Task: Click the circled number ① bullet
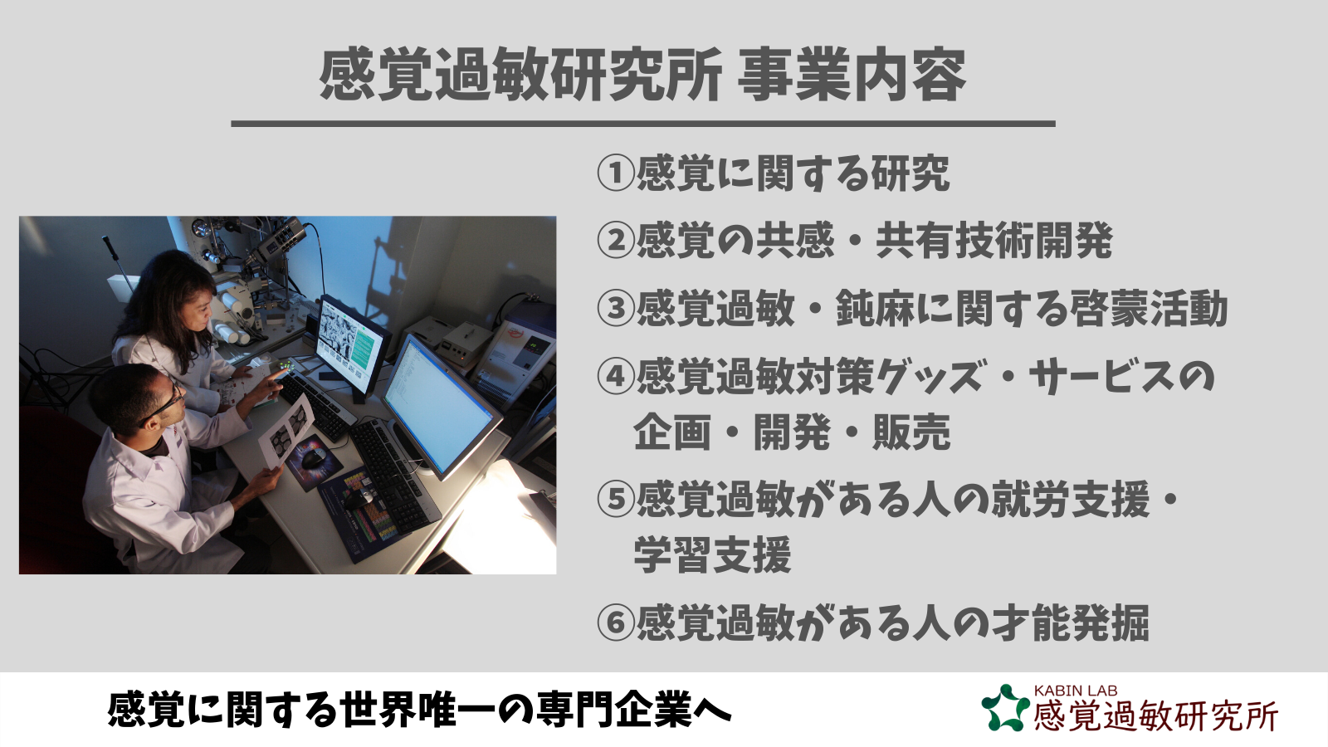coord(616,173)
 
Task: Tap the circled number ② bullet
coord(616,241)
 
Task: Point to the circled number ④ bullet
coord(616,377)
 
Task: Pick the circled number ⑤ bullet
coord(616,499)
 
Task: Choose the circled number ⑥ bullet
coord(616,622)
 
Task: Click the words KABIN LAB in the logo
coord(1076,691)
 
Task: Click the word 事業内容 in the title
coord(852,76)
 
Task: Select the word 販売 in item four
coord(911,432)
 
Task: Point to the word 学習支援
coord(713,555)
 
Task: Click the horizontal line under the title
coord(643,124)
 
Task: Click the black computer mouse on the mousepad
coord(313,457)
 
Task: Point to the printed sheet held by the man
coord(287,431)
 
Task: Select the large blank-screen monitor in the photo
coord(440,406)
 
